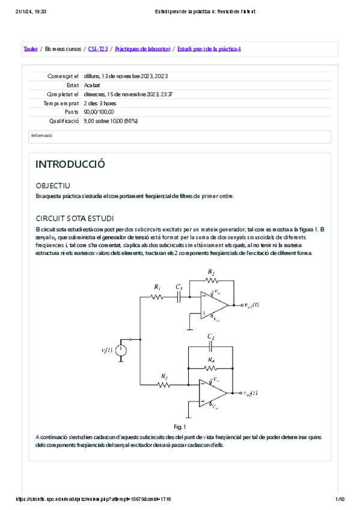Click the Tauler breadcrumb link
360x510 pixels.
point(30,49)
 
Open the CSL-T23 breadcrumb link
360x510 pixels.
point(97,49)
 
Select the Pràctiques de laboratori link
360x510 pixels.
point(142,49)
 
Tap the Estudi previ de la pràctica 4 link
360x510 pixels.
point(209,49)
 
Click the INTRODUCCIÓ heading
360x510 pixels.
point(70,165)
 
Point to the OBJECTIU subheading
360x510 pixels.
point(53,186)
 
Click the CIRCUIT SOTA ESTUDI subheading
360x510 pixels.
point(75,218)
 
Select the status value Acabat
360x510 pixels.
point(92,85)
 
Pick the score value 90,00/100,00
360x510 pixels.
point(99,112)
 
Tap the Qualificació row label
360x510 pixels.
point(64,121)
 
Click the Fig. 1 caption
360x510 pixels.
point(180,426)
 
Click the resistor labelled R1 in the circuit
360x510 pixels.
point(157,297)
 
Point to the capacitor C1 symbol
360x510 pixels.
point(178,296)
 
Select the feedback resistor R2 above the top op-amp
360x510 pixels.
point(210,280)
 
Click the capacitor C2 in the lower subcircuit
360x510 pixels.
point(210,347)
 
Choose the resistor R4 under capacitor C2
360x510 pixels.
point(210,366)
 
